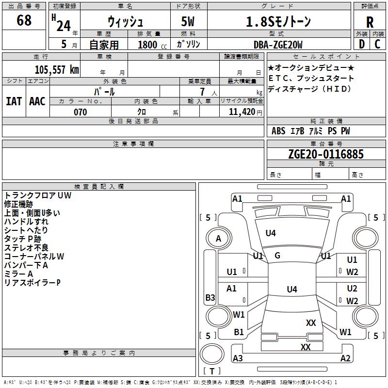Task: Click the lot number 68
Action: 24,21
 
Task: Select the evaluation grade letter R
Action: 370,22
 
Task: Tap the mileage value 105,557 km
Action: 57,70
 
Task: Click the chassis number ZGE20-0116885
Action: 325,155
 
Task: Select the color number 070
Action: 80,112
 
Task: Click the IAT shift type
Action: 14,101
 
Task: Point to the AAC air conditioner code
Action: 37,101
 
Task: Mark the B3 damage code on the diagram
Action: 210,298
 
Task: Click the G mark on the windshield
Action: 277,256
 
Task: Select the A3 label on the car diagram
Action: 238,358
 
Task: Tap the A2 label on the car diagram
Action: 345,358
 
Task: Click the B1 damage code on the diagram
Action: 239,332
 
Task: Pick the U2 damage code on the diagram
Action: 352,289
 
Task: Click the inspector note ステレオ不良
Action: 27,248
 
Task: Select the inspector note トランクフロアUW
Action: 38,195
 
